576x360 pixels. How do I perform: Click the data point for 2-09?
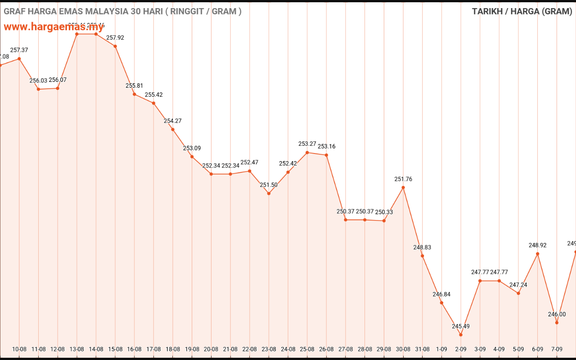point(461,334)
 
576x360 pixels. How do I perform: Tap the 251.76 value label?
point(403,179)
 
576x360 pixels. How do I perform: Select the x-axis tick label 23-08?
point(269,349)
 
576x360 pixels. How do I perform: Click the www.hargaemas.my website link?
point(54,27)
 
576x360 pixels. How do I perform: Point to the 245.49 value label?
point(461,326)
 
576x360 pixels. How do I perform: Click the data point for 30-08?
point(403,187)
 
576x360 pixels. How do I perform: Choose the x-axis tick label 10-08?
point(19,349)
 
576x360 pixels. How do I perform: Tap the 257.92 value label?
point(115,38)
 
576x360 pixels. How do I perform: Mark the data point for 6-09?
point(538,254)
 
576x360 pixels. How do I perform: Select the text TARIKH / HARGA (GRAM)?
point(522,11)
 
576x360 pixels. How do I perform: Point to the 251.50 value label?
point(269,185)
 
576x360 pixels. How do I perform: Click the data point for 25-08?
point(307,153)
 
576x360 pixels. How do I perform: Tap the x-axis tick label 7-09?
point(557,349)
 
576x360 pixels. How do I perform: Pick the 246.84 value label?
point(441,294)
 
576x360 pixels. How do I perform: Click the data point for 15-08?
point(115,46)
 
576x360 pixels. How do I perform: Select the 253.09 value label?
point(192,148)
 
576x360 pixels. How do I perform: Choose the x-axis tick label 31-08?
point(423,349)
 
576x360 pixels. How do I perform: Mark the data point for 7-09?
point(557,323)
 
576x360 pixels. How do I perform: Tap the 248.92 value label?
point(538,245)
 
